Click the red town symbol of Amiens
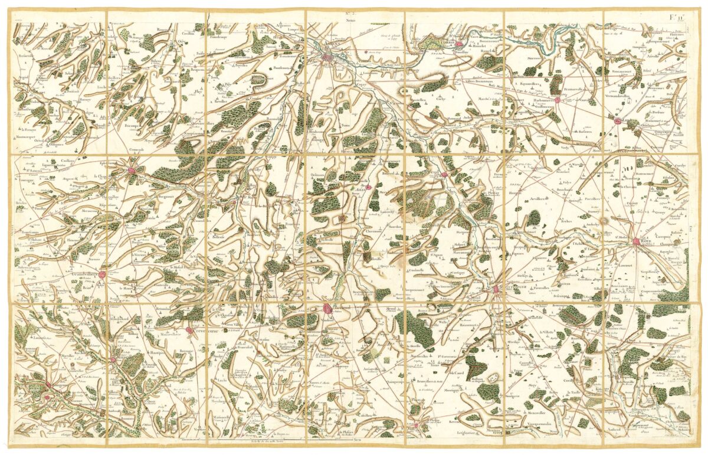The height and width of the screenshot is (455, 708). (327, 57)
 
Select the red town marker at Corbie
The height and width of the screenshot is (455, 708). (459, 44)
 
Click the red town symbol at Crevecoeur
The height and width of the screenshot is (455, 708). (189, 330)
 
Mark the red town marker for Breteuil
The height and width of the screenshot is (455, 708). (328, 307)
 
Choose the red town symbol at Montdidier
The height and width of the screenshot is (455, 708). (496, 289)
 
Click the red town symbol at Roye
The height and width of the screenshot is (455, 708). (636, 241)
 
